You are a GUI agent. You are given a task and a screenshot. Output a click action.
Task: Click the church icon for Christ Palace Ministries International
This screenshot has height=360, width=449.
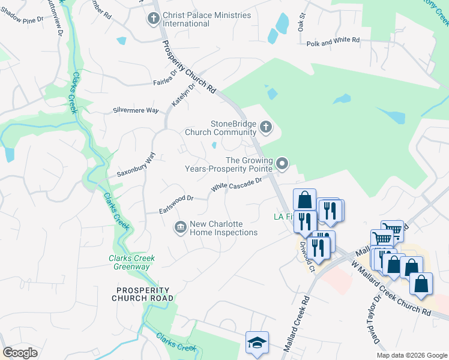click(153, 19)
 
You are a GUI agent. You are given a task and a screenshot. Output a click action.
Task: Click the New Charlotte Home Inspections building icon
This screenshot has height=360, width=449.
click(179, 227)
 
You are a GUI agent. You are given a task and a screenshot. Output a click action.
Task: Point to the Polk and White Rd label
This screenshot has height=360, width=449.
click(333, 41)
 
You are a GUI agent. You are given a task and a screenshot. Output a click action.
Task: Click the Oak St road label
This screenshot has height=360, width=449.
click(303, 23)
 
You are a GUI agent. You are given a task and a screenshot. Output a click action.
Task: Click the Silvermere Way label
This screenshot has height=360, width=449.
click(136, 111)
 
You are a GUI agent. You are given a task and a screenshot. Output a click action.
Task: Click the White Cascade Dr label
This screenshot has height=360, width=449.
click(236, 185)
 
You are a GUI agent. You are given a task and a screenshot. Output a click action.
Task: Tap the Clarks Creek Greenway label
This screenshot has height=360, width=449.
click(131, 262)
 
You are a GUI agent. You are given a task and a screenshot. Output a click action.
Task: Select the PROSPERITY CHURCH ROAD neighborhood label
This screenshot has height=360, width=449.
click(145, 294)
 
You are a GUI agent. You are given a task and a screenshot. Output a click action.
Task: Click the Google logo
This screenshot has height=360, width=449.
click(20, 353)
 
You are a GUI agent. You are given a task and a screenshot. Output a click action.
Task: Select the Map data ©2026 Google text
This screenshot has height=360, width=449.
click(412, 355)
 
